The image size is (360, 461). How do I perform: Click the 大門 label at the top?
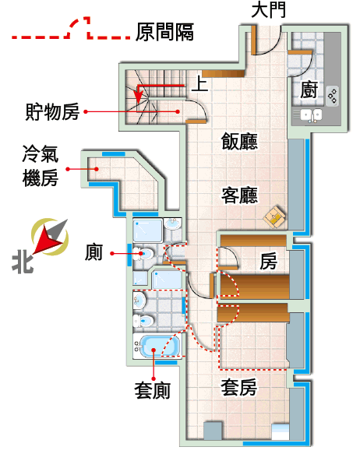coord(268,9)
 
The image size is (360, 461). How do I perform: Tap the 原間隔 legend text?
coord(164,32)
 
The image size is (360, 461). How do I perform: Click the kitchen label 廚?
coord(309,90)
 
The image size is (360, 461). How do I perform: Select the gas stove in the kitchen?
coord(333,96)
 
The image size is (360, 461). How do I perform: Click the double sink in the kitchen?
coord(311,115)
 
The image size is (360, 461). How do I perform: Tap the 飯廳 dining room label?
coord(239,141)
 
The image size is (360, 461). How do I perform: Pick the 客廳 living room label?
coord(239,195)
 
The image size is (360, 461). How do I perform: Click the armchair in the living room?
coord(275,217)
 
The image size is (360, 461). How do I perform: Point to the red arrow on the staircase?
coord(161,86)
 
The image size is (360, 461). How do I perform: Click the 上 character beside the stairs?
coord(200,83)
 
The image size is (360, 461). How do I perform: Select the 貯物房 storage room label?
coord(52,111)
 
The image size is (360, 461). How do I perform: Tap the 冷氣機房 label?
coord(41,166)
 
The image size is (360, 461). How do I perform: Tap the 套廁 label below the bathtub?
coord(153,391)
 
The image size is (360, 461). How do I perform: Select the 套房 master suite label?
coord(238,388)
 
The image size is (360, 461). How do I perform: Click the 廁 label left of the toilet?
coord(94,252)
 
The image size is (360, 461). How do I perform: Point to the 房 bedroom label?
coord(268,261)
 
